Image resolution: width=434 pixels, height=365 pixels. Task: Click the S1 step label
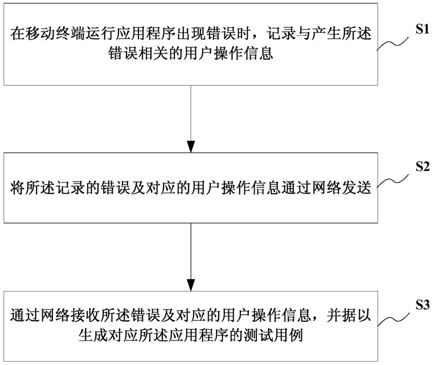point(423,29)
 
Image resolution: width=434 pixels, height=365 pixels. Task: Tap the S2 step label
point(423,166)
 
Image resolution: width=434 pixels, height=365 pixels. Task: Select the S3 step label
point(423,305)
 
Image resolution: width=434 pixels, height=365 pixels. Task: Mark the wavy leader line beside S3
point(393,319)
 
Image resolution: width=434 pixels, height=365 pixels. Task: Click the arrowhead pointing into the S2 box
point(191,147)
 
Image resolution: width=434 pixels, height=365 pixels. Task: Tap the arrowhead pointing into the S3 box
point(191,285)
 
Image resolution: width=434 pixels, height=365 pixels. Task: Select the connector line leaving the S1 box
point(191,113)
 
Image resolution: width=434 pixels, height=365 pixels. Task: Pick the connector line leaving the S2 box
point(191,251)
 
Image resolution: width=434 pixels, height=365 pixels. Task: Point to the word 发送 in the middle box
point(357,188)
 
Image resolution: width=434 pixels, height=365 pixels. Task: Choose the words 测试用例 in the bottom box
point(273,335)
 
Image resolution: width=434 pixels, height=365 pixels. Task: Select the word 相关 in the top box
point(153,53)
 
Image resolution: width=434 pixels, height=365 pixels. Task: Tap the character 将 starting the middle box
point(18,188)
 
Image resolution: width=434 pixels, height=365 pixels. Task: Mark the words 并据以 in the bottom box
point(349,315)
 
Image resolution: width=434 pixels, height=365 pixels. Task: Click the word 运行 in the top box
point(99,34)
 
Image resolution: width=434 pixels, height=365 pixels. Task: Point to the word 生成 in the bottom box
point(93,335)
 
